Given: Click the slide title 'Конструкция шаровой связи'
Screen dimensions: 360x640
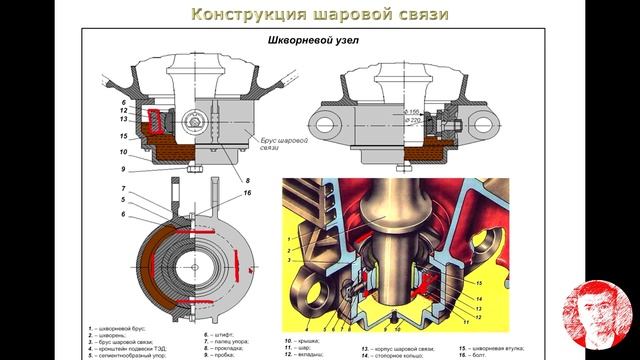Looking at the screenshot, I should coord(320,15).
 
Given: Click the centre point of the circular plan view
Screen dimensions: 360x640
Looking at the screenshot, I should coord(197,264).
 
